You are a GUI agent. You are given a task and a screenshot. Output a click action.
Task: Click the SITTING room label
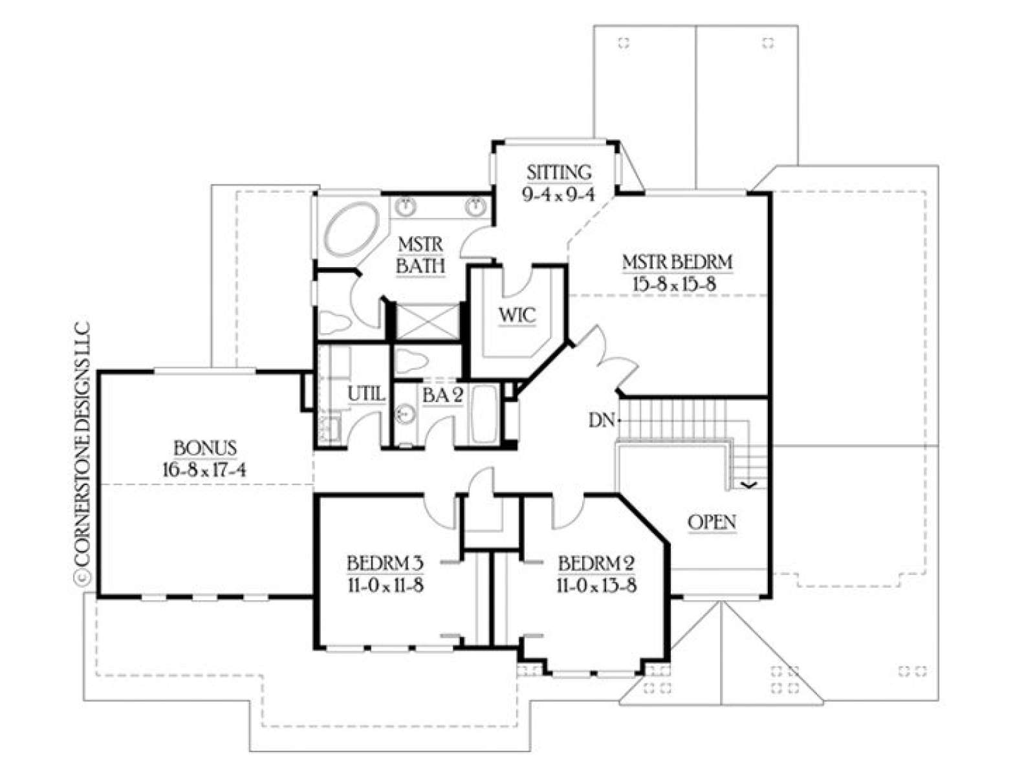559,172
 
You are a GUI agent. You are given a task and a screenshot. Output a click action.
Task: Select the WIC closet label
517,315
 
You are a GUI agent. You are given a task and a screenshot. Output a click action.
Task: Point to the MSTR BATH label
420,255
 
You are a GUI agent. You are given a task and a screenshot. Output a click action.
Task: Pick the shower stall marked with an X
427,321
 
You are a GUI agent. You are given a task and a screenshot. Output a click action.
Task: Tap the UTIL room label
366,394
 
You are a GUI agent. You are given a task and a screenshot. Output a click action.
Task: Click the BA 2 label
442,396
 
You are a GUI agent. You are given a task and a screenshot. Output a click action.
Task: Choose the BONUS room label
205,448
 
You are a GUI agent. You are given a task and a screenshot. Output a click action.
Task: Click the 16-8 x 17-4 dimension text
204,470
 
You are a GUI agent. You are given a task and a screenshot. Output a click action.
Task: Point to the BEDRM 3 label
385,563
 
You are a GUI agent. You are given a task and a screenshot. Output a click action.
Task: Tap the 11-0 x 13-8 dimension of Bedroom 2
596,586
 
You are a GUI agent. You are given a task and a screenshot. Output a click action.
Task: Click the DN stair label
602,420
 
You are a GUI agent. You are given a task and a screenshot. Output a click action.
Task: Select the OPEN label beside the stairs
712,522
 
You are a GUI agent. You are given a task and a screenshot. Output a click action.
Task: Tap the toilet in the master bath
334,324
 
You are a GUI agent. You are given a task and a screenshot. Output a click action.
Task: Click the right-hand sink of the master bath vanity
475,206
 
